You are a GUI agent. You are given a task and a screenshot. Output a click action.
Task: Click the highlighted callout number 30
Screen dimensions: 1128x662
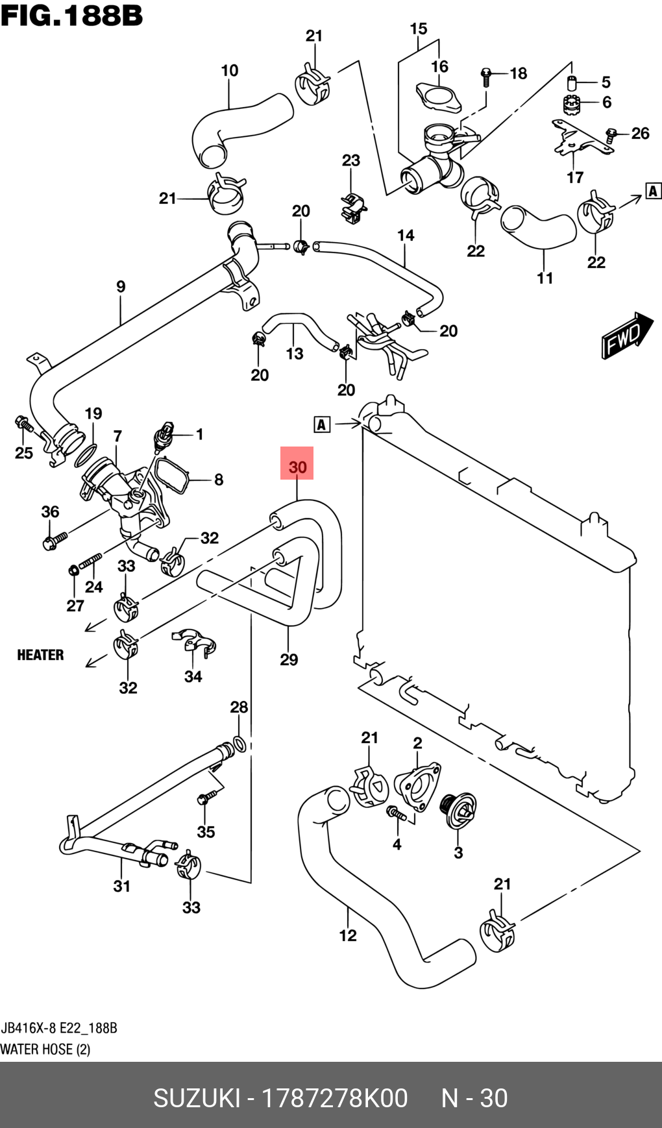(297, 467)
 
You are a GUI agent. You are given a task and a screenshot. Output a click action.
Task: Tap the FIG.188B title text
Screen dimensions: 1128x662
(71, 16)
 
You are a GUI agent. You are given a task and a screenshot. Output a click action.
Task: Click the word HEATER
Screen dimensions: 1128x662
(40, 655)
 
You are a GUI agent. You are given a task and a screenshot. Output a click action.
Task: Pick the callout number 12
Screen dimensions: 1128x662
(348, 935)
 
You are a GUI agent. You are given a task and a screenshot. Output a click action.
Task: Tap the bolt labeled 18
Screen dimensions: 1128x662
(485, 75)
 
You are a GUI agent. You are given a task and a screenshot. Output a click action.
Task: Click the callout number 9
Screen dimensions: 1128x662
(121, 286)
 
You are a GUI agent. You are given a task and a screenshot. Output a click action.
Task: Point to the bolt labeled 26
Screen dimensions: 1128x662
(611, 135)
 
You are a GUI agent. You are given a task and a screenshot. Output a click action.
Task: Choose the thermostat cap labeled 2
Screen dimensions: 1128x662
(417, 786)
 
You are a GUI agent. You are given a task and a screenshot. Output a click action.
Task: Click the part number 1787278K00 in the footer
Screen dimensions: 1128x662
(334, 1098)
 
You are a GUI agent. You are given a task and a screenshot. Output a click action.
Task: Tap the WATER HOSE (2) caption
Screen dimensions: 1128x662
(45, 1049)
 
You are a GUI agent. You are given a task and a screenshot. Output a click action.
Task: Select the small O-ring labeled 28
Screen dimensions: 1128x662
(238, 744)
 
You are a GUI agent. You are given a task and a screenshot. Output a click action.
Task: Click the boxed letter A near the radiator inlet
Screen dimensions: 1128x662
(322, 424)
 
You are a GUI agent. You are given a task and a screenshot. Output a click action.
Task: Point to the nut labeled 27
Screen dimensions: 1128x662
(74, 571)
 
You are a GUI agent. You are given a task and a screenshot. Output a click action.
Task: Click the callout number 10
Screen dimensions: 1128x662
(230, 70)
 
